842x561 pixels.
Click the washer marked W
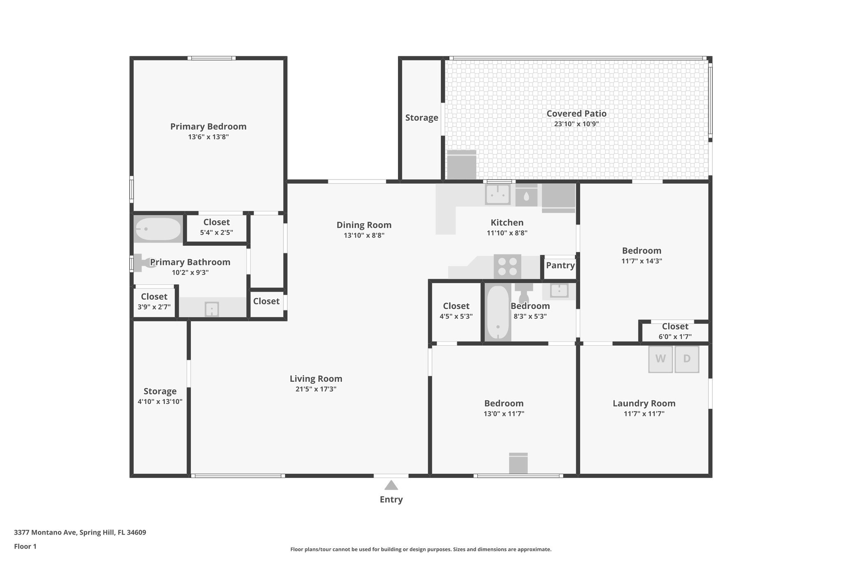pyautogui.click(x=660, y=359)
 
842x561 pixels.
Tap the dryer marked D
pyautogui.click(x=687, y=359)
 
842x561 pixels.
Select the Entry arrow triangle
pyautogui.click(x=391, y=486)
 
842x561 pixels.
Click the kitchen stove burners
pyautogui.click(x=507, y=266)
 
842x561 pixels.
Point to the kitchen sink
pyautogui.click(x=497, y=194)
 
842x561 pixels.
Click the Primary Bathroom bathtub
pyautogui.click(x=158, y=229)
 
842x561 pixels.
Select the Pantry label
pyautogui.click(x=560, y=265)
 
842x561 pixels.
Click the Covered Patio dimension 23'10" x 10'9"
pyautogui.click(x=576, y=124)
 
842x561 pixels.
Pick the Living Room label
pyautogui.click(x=316, y=379)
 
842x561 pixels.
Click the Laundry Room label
pyautogui.click(x=644, y=403)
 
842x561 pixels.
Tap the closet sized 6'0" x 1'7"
pyautogui.click(x=675, y=331)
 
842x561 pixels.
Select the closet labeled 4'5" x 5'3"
pyautogui.click(x=456, y=311)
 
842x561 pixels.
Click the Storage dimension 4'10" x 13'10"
pyautogui.click(x=160, y=402)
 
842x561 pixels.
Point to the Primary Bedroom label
pyautogui.click(x=208, y=127)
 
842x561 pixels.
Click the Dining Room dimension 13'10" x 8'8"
pyautogui.click(x=364, y=235)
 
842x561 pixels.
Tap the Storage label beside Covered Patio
pyautogui.click(x=421, y=118)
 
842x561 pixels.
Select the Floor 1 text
pyautogui.click(x=25, y=546)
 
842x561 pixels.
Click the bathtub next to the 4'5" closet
pyautogui.click(x=498, y=312)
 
